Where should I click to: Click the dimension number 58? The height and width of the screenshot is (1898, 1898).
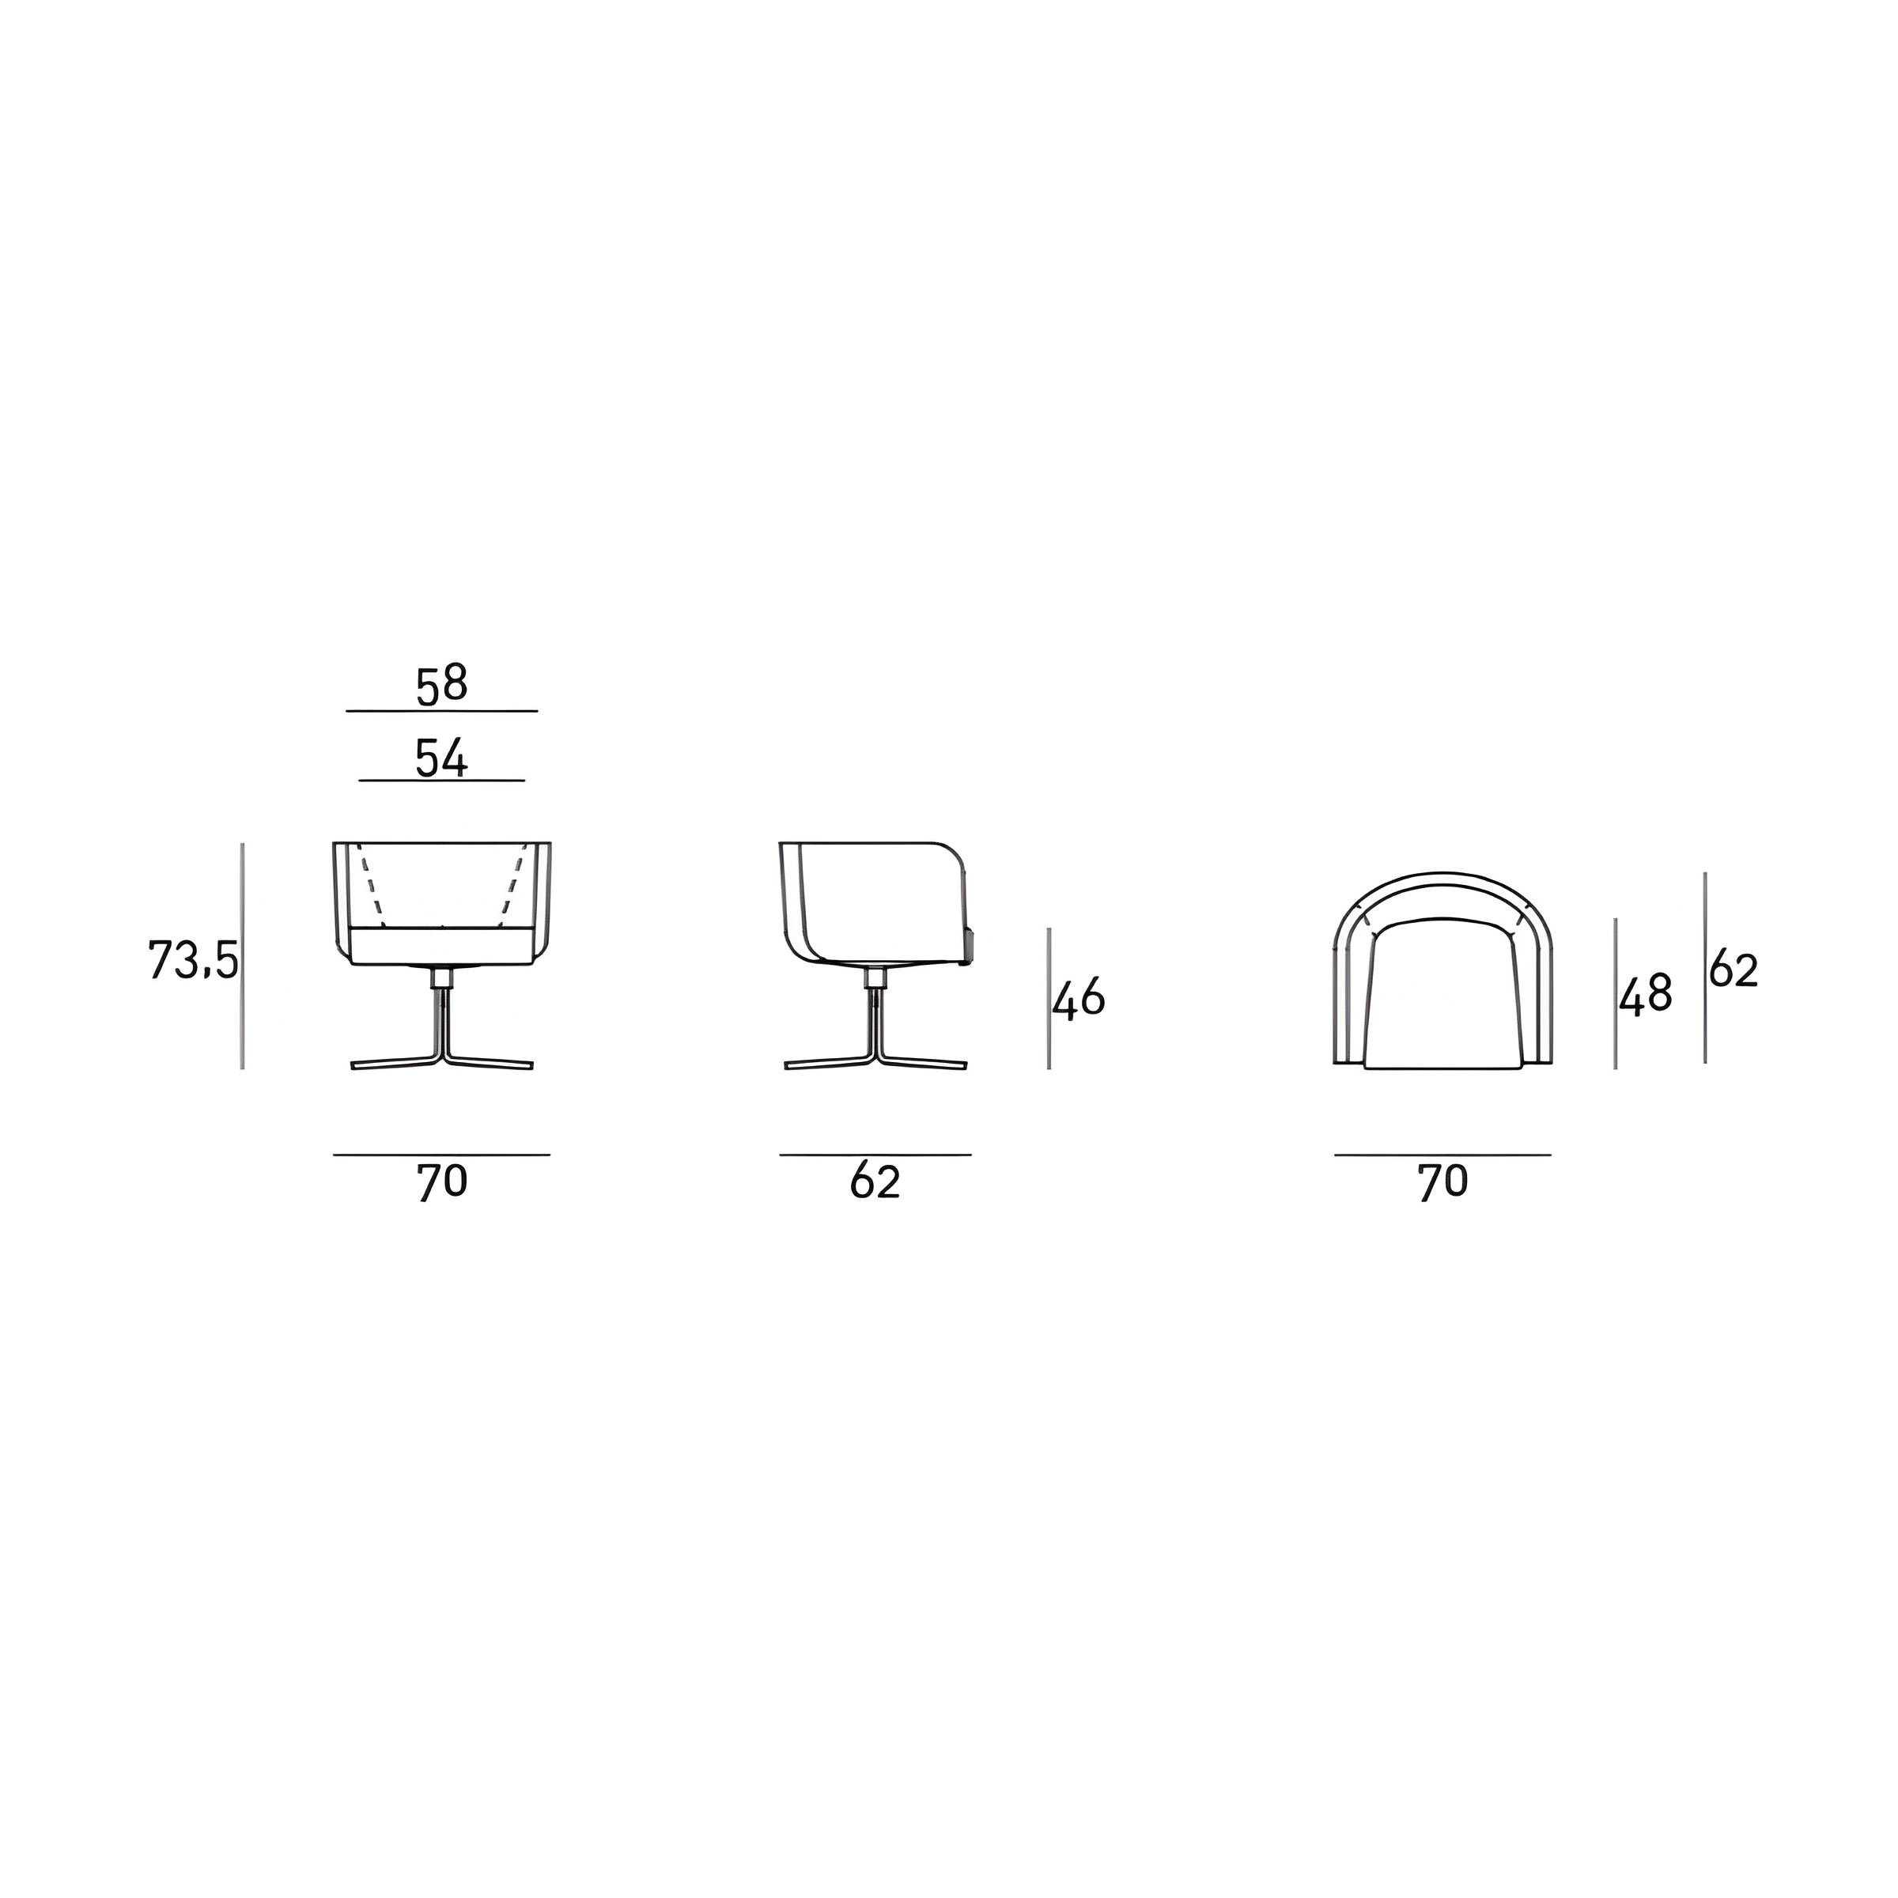(441, 685)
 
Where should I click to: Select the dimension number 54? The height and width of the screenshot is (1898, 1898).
(441, 758)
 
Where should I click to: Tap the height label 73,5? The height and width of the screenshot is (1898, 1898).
(192, 960)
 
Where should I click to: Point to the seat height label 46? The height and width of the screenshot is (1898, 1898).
(1079, 998)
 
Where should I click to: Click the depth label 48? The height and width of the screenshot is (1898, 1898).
(1646, 995)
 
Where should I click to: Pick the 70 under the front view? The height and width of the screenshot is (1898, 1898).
(442, 1182)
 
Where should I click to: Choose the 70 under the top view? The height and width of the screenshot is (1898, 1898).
(1442, 1182)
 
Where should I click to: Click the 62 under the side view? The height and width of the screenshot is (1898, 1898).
(875, 1182)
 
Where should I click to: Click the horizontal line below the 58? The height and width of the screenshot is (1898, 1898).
(442, 710)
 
